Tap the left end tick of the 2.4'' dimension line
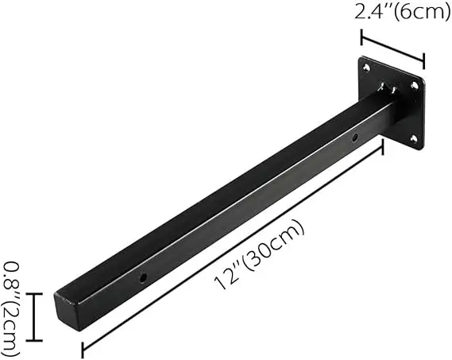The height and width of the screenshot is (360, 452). coord(362,38)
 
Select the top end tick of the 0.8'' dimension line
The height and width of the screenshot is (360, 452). coord(33,293)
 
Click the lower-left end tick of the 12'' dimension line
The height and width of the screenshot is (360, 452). coord(83,347)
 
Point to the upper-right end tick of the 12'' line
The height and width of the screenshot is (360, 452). coord(383,145)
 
